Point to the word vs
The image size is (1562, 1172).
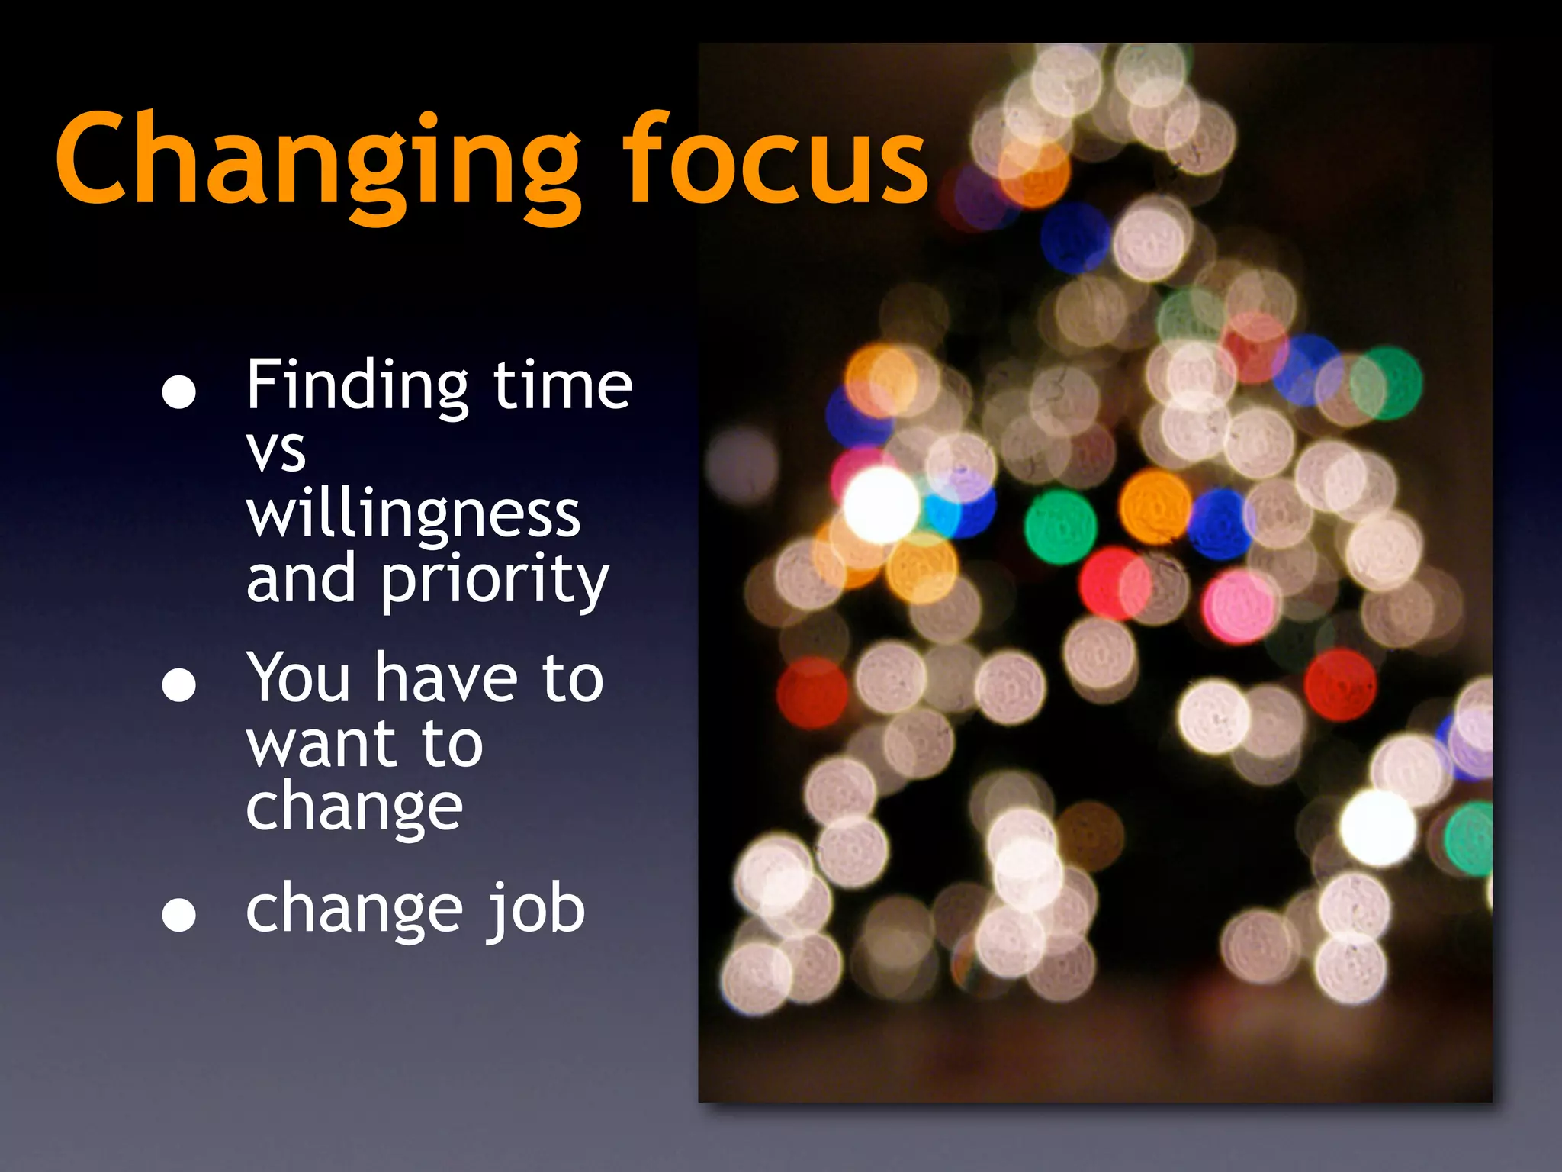click(276, 452)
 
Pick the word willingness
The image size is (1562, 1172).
click(413, 516)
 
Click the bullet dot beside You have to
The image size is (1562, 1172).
click(179, 684)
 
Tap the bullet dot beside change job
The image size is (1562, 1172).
click(179, 914)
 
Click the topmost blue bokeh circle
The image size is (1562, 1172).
click(1075, 237)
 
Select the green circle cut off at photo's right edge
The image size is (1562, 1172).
click(1470, 838)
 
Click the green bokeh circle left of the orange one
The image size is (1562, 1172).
click(1060, 527)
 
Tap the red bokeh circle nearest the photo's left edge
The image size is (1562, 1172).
click(812, 693)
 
